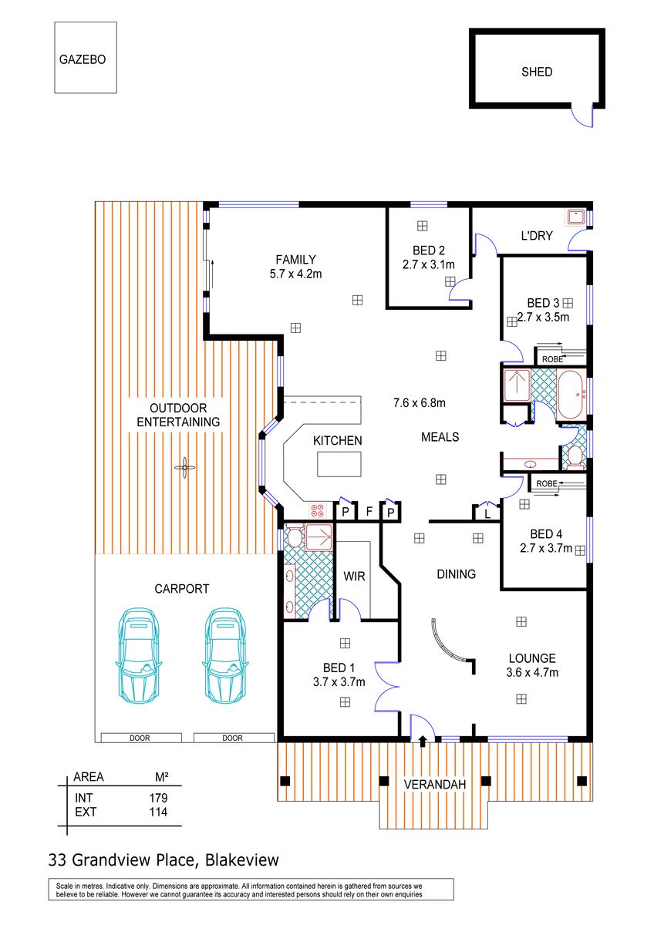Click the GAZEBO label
(83, 59)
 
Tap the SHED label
(536, 72)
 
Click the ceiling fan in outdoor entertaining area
(184, 467)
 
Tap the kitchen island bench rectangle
(339, 464)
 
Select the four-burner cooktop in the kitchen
(317, 510)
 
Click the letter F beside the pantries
(369, 512)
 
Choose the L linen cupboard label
(487, 515)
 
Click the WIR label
(354, 576)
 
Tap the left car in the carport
(139, 655)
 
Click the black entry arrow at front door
(423, 741)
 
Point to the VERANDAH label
(435, 785)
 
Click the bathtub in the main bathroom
(570, 395)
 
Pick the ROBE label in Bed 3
(552, 359)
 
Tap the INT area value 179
(158, 798)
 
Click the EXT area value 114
(158, 812)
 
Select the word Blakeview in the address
(242, 859)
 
